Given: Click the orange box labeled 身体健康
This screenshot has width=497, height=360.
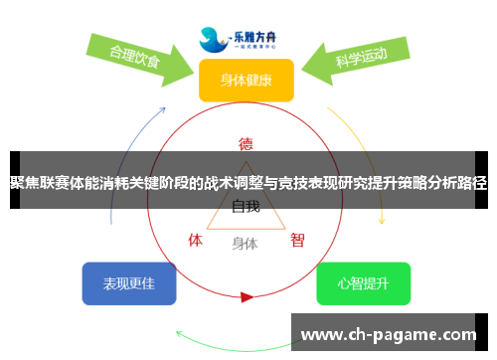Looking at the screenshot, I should pos(246,81).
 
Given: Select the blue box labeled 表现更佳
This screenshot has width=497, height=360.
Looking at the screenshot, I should pos(129,283).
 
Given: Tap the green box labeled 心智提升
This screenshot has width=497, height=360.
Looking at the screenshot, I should pos(363,283).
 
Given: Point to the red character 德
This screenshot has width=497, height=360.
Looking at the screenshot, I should pos(246,142).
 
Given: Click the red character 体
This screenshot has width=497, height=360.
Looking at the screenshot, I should pos(196,240).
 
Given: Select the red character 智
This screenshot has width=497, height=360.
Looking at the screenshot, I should pos(297,240).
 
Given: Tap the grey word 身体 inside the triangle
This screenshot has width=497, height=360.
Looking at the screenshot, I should pos(245,243).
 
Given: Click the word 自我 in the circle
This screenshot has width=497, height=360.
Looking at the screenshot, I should pos(246,207).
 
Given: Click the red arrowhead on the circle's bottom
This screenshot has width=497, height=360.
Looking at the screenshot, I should pos(247,295).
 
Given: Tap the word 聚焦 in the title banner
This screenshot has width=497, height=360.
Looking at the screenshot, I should pos(25,183).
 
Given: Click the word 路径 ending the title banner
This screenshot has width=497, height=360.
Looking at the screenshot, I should pos(474,183).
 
